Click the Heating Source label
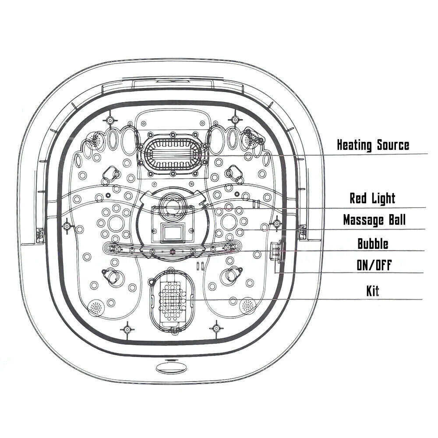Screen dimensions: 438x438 [x=373, y=145]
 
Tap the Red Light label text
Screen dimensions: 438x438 [x=372, y=198]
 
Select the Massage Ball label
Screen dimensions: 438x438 [x=374, y=219]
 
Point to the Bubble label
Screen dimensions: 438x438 [x=373, y=244]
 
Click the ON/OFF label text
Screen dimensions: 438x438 [x=373, y=265]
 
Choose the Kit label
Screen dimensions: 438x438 [x=373, y=291]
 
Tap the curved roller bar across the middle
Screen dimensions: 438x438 [x=172, y=250]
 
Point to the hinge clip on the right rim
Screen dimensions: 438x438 [x=302, y=230]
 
